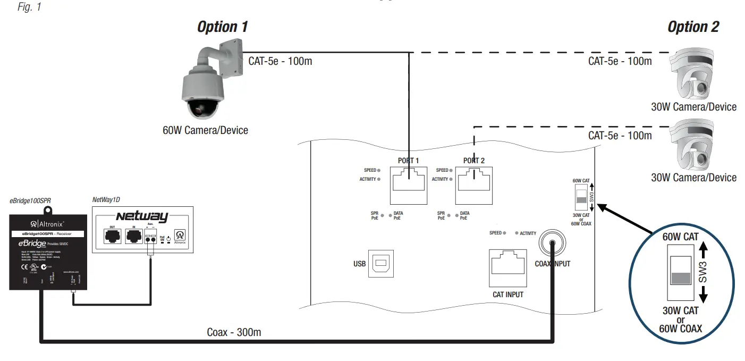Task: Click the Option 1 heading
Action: point(222,27)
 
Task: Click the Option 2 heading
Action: point(693,27)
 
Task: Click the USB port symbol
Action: point(381,263)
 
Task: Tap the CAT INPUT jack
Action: point(507,268)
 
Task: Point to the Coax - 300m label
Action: point(234,332)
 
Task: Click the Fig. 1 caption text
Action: point(29,8)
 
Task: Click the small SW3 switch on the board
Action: point(581,200)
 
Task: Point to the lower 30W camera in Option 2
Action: point(693,146)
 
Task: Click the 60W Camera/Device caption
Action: point(205,130)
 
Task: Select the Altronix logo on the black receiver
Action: point(48,224)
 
